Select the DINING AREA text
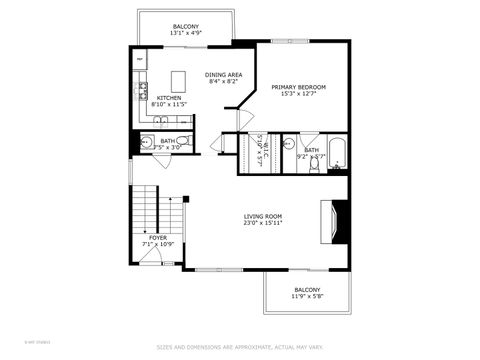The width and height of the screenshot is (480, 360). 222,75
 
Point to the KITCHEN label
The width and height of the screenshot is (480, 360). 168,97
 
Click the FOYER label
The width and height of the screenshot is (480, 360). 158,237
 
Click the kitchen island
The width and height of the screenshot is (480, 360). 180,79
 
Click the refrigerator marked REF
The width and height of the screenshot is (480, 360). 140,58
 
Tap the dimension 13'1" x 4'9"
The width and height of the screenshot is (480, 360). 186,34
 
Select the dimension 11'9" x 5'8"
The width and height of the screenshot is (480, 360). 307,296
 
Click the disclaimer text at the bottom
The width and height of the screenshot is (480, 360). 240,348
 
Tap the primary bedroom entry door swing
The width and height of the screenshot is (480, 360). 244,118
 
